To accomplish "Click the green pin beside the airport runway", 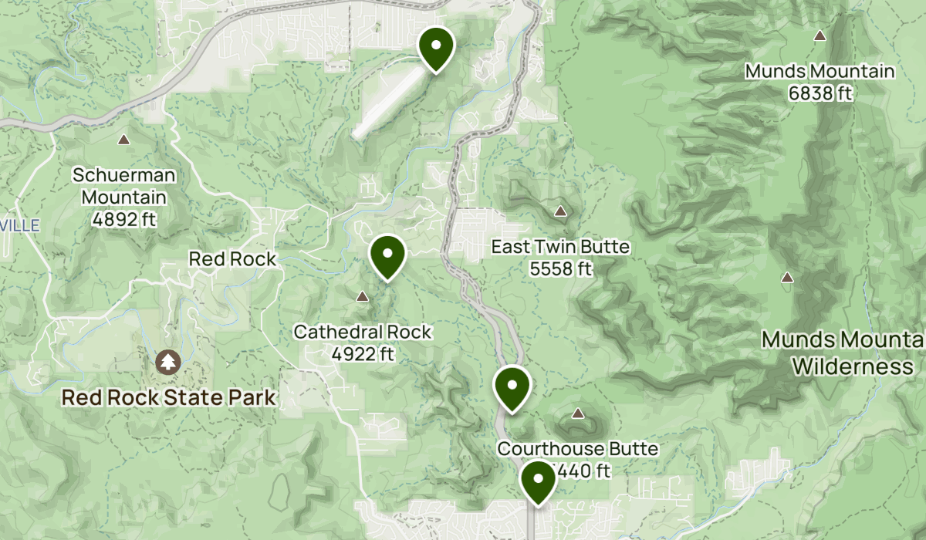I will tap(436, 46).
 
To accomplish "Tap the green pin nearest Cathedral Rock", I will tap(387, 255).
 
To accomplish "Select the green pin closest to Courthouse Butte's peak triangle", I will tap(512, 386).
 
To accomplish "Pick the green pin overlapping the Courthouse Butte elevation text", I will tap(538, 480).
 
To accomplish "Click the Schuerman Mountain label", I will tap(123, 186).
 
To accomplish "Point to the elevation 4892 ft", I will tap(123, 219).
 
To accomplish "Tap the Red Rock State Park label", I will tap(168, 398).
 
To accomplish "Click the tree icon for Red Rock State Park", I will tap(167, 361).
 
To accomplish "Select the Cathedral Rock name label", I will tap(362, 332).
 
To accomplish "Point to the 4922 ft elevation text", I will tap(362, 354).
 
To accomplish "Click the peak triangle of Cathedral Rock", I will tap(362, 296).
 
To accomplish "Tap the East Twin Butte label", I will tap(560, 248).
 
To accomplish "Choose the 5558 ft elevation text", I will tap(560, 269).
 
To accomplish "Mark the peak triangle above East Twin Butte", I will tap(560, 211).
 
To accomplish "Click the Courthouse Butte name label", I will tap(578, 449).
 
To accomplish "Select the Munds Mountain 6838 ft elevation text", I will tap(820, 93).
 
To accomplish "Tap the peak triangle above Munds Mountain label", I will tap(820, 35).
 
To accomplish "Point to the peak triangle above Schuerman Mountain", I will tap(123, 140).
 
